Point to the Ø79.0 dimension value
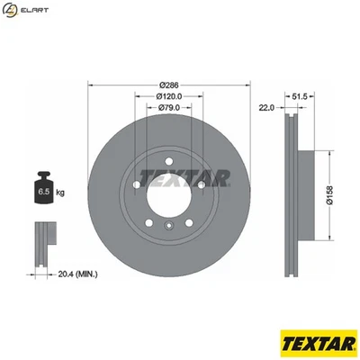click(169, 109)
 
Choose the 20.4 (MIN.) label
click(79, 273)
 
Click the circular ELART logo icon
click(10, 11)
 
